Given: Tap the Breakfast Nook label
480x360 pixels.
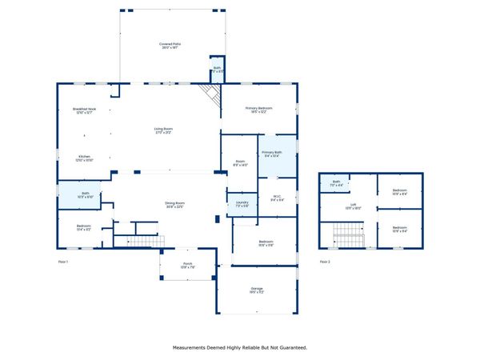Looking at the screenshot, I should pos(84,110).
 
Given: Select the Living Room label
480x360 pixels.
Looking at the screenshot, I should pos(163,130).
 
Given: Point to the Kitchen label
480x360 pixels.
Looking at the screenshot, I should pos(84,158).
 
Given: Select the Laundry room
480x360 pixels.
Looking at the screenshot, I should pos(242,204).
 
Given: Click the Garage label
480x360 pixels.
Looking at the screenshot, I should pos(257,290).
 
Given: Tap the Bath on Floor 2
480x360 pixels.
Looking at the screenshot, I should pos(337,183).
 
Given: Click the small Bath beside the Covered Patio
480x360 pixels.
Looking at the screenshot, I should pos(216,70).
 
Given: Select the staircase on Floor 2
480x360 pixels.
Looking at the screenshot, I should pos(349,235).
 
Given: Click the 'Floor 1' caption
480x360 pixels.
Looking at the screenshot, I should pos(63,262).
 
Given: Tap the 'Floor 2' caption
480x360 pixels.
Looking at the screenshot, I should pos(325,262).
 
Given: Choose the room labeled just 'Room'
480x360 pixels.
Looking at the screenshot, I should pos(240,163).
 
